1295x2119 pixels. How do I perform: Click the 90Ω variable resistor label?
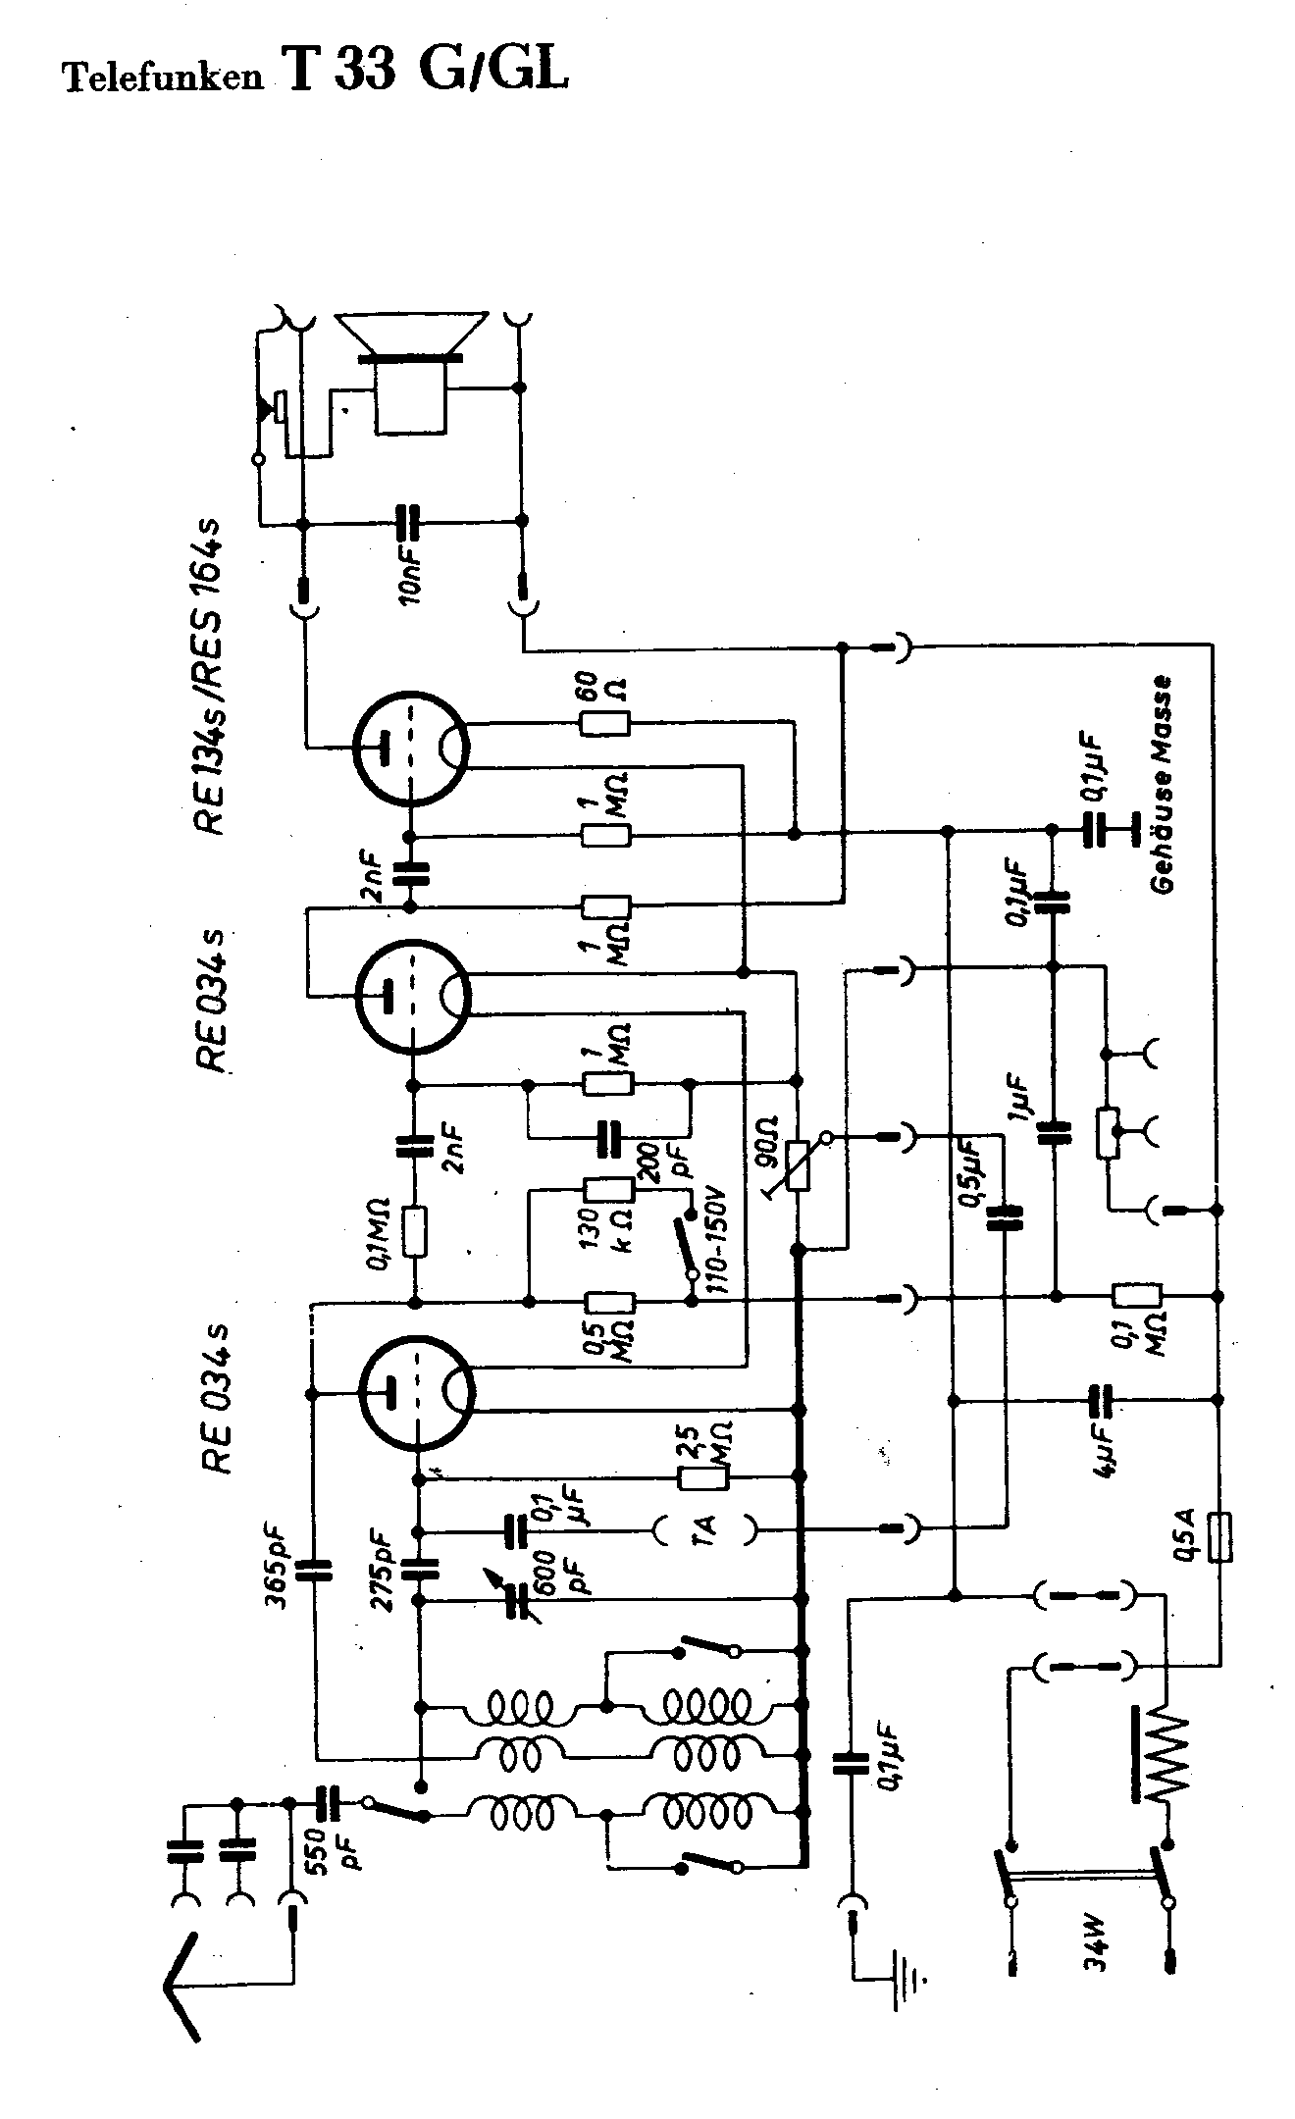(766, 1142)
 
